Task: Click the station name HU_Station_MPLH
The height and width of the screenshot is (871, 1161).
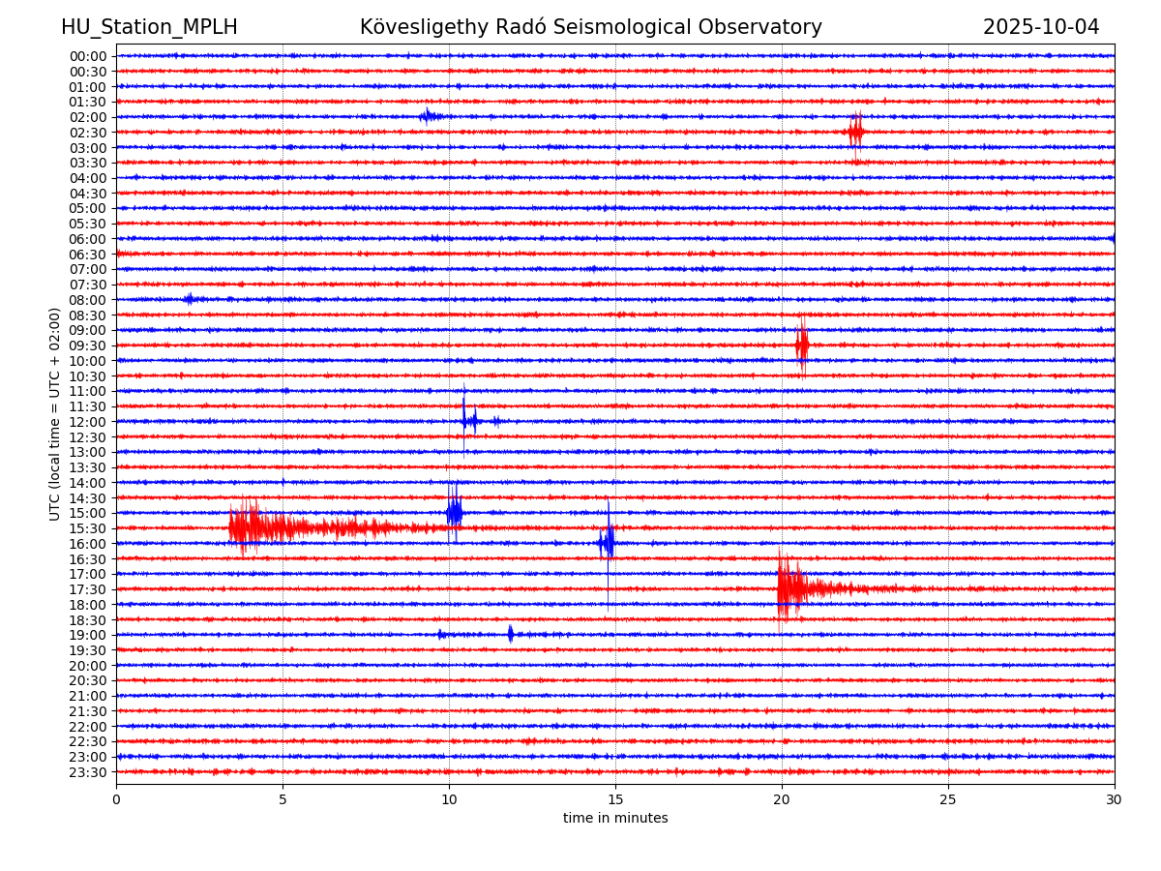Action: coord(149,27)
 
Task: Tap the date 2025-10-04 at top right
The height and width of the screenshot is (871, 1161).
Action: coord(1041,27)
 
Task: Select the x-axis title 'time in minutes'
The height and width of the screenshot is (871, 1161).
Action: coord(615,818)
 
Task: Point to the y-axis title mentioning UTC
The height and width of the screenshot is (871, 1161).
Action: coord(55,414)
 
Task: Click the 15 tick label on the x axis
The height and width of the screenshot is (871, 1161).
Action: coord(615,799)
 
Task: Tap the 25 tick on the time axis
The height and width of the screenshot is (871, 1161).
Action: coord(948,799)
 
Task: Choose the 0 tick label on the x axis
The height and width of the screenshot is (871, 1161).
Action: coord(116,799)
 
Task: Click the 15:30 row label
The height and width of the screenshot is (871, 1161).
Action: coord(87,528)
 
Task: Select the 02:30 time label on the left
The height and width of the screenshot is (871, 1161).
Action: coord(87,133)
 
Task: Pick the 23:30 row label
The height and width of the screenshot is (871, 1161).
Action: coord(87,772)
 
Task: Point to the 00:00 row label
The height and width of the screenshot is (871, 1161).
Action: coord(87,56)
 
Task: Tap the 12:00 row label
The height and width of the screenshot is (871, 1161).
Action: coord(87,422)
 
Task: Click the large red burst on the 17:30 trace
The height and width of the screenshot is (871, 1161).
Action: coord(789,587)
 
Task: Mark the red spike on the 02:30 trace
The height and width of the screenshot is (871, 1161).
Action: coord(854,133)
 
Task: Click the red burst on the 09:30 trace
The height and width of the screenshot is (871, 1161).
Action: coord(801,345)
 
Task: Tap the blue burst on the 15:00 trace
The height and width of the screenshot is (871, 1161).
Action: coord(454,512)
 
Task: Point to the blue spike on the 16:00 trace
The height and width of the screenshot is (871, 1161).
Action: coord(608,543)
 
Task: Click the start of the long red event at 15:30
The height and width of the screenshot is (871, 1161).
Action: coord(232,527)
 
